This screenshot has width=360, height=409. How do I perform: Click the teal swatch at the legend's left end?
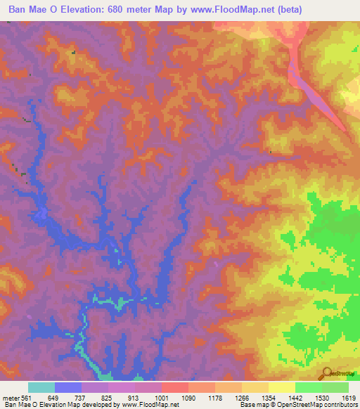[x=41, y=387]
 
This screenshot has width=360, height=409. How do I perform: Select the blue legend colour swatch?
[x=68, y=387]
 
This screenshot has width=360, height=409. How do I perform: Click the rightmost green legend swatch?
[x=335, y=387]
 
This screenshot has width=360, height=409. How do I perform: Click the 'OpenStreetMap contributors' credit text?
[x=318, y=405]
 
